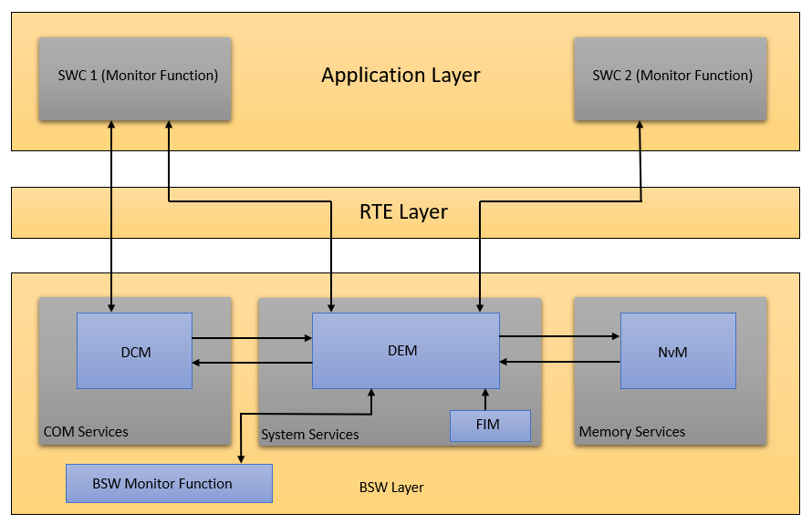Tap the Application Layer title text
[x=401, y=76]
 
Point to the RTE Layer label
[x=403, y=212]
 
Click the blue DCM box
[x=134, y=351]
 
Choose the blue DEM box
[x=405, y=351]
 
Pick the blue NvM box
[x=677, y=351]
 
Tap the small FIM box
[x=490, y=426]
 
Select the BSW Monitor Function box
[x=169, y=483]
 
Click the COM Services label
[x=87, y=432]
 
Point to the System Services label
[x=310, y=435]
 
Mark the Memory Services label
[x=632, y=432]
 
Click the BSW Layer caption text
[x=391, y=488]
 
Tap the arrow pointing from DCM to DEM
[x=252, y=338]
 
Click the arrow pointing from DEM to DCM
[x=252, y=363]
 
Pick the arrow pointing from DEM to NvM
[x=559, y=336]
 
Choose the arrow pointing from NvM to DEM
[x=559, y=362]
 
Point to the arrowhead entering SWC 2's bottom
[x=640, y=127]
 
